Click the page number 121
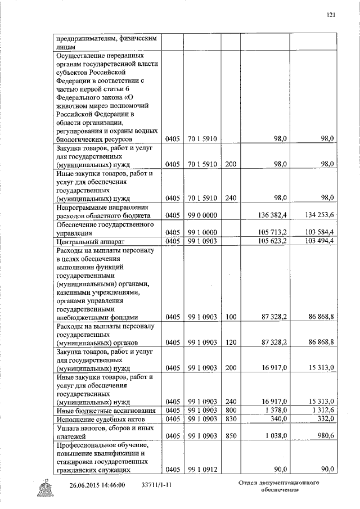pos(331,15)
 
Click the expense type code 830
pos(229,420)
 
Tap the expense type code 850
pos(229,436)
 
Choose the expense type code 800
pos(229,411)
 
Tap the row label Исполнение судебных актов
pos(101,420)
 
